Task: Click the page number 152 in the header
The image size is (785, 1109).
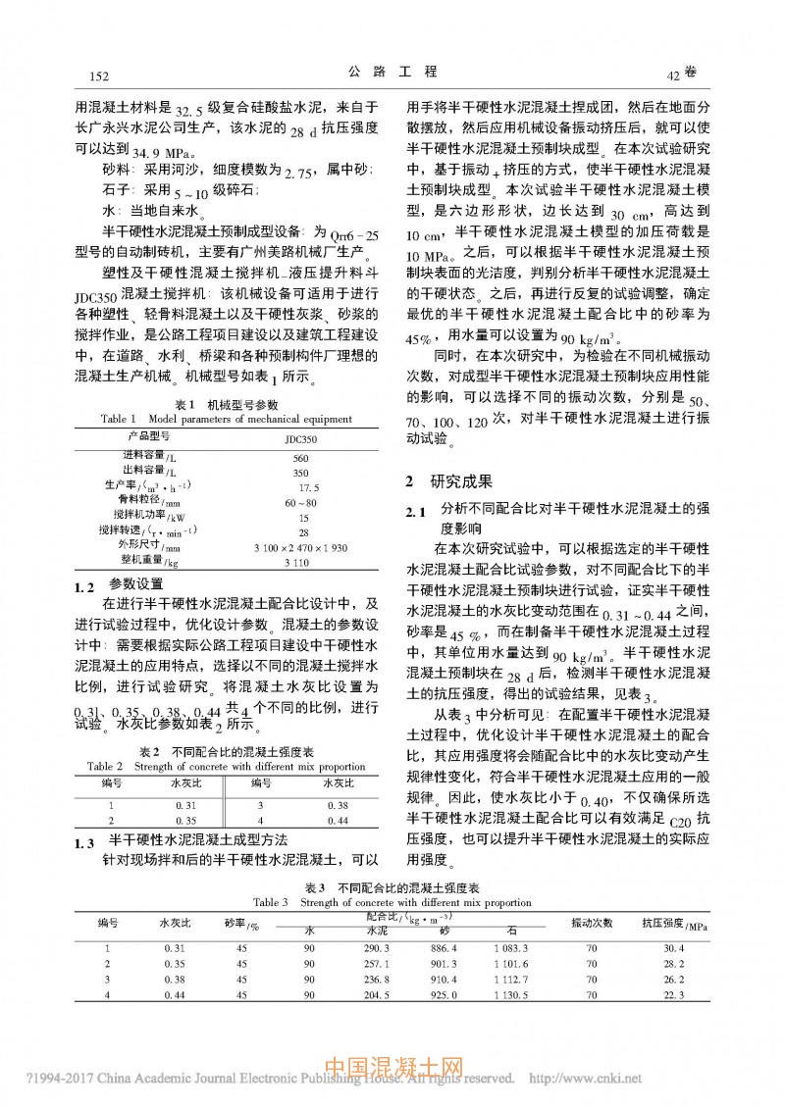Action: tap(97, 76)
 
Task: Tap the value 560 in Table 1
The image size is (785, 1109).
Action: tap(301, 458)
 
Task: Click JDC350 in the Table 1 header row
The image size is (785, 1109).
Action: tap(302, 438)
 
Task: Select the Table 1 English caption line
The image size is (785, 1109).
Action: tap(226, 419)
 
